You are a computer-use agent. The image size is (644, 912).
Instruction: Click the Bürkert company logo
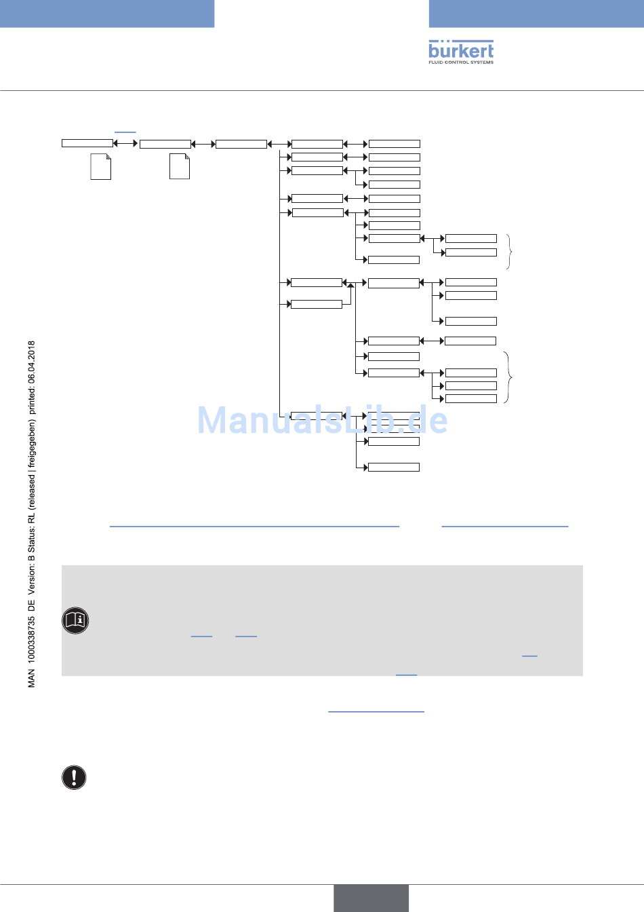461,50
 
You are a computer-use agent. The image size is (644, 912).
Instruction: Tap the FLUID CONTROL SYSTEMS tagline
461,62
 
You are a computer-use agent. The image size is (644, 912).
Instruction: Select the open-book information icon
75,620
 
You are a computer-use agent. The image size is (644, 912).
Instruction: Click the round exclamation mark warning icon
74,777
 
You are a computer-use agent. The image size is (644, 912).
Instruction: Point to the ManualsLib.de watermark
322,421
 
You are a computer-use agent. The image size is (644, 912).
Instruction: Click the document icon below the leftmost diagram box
100,166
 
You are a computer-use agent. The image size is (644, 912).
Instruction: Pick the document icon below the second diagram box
179,166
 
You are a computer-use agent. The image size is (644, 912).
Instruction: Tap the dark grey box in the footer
371,898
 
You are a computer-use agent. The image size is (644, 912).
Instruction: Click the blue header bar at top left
107,14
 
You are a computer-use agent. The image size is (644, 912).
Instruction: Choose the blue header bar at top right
536,14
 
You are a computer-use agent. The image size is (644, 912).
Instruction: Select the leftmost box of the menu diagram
87,143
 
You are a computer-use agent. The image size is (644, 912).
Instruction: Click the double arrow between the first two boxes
126,143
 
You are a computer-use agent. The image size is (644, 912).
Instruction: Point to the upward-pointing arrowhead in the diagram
350,286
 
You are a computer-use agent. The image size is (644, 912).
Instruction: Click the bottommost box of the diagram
393,467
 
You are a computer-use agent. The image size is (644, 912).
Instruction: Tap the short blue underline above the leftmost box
125,132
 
